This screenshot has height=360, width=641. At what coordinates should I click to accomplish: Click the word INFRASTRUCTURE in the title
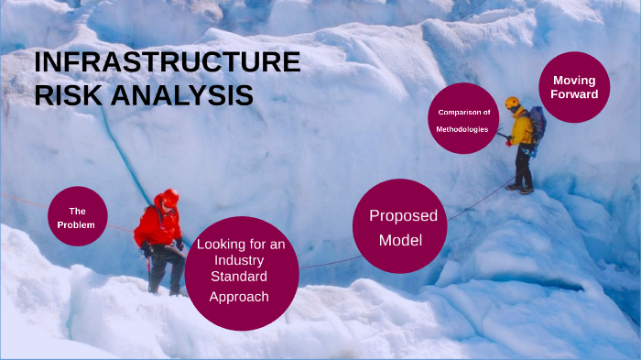tap(167, 63)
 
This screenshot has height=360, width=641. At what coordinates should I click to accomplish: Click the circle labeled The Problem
tap(78, 217)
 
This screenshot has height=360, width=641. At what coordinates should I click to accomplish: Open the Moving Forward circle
tap(574, 87)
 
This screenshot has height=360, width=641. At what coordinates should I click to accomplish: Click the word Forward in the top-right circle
tap(574, 94)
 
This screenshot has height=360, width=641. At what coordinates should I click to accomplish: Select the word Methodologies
tap(462, 129)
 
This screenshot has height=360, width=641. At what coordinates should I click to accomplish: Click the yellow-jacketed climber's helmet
tap(512, 103)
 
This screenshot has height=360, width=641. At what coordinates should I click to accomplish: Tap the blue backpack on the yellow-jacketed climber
tap(537, 122)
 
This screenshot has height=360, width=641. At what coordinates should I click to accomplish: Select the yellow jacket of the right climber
tap(521, 129)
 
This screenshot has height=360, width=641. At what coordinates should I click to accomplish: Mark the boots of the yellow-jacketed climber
tap(521, 189)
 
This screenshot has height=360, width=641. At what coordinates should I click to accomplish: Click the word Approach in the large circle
tap(239, 296)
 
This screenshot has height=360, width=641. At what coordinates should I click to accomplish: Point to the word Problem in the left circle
tap(77, 225)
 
